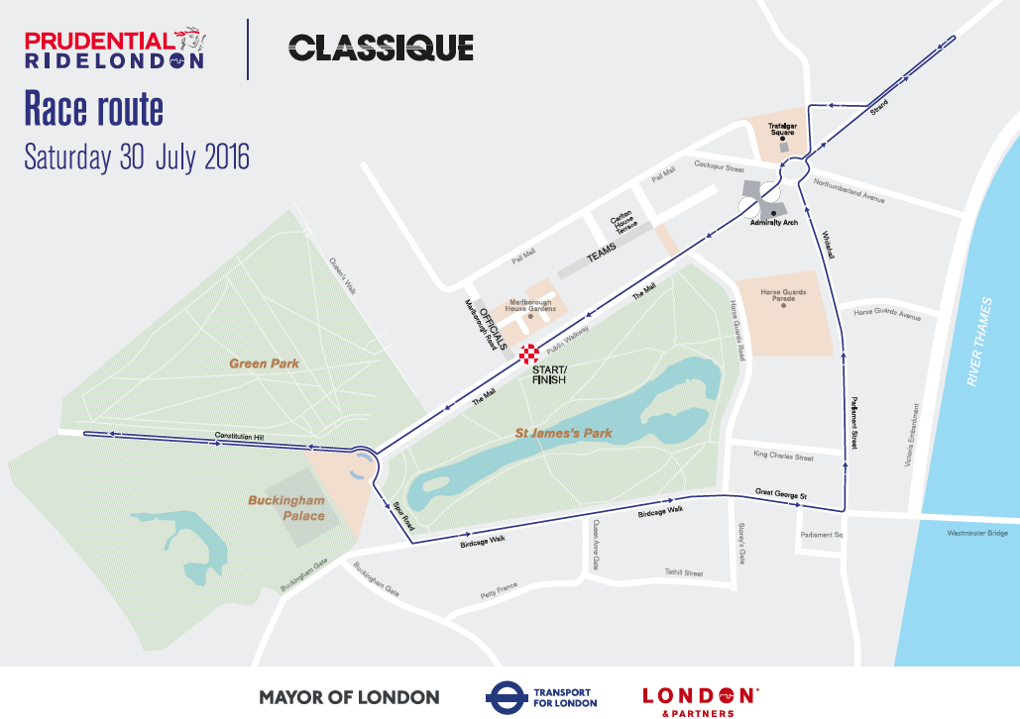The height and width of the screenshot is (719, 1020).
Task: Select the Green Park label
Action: coord(265,363)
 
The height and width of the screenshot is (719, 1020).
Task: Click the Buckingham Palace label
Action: coord(285,508)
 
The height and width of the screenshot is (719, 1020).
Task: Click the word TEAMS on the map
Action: coord(602,255)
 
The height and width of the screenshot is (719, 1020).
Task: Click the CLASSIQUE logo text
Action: coord(381,47)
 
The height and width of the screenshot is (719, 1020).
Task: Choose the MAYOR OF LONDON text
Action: coord(349,697)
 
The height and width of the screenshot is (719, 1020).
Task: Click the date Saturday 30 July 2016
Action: coord(137,157)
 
